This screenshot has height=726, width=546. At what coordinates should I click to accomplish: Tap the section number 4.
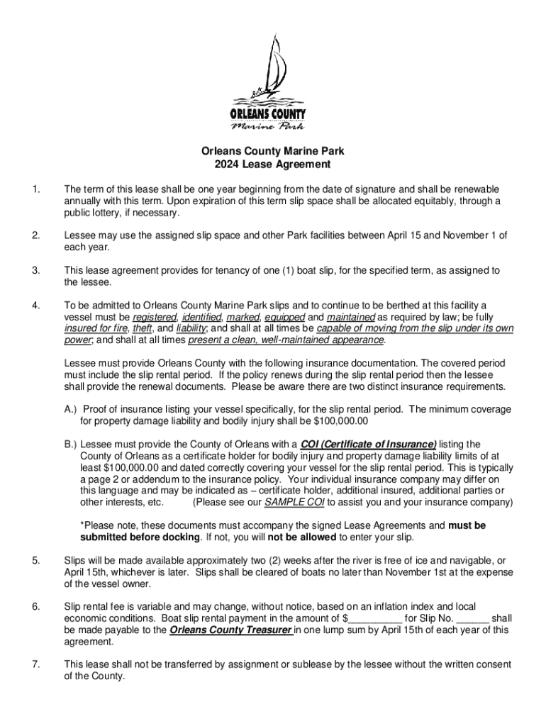[35, 306]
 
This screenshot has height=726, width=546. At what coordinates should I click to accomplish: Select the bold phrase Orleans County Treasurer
[232, 630]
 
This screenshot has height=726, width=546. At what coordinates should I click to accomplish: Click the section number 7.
[35, 664]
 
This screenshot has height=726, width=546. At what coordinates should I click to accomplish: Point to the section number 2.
[35, 235]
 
